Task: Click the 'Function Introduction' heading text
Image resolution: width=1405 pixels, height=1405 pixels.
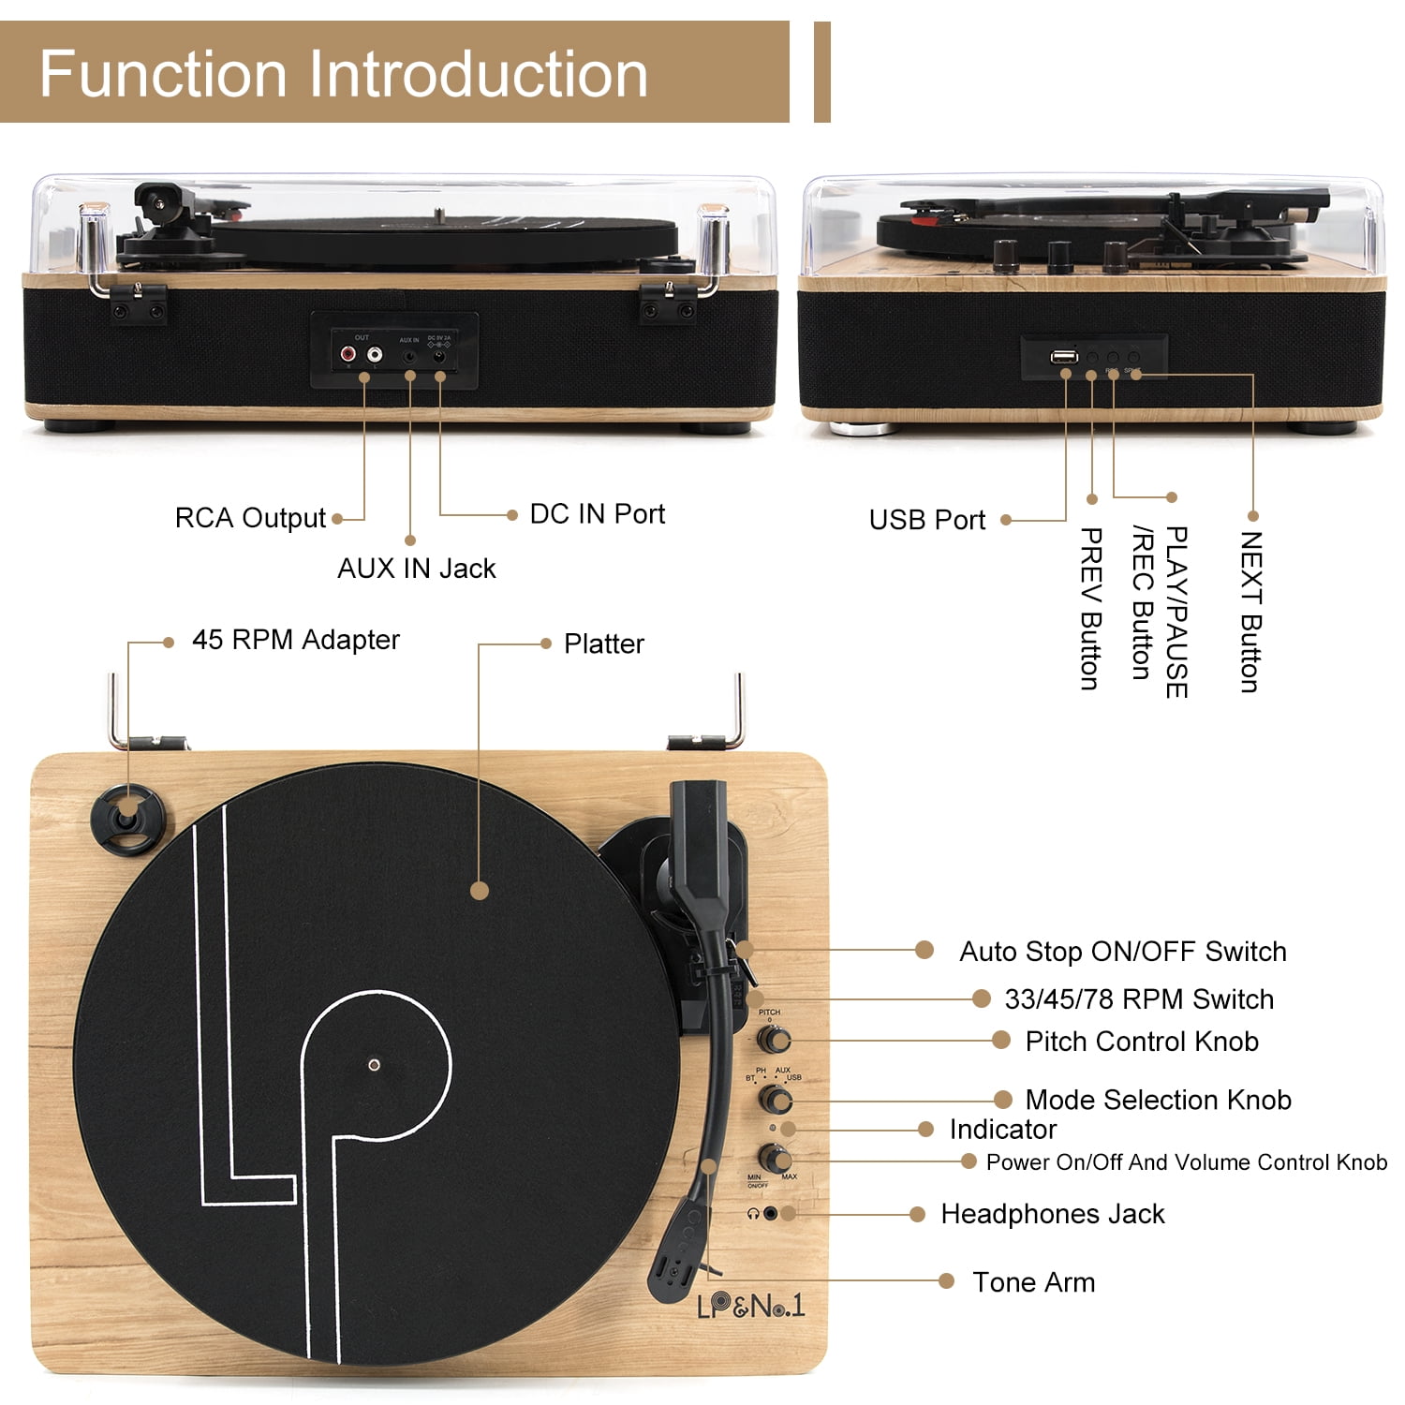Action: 343,74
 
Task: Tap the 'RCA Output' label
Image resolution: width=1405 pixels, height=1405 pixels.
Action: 249,518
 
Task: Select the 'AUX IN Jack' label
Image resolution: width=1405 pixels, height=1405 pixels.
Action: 416,569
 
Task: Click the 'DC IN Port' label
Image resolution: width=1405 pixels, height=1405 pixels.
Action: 597,514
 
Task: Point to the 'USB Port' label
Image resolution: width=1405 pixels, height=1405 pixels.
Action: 926,520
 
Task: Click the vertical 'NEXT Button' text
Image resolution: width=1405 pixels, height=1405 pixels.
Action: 1251,611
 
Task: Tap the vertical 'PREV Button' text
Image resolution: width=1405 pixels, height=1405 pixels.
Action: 1090,608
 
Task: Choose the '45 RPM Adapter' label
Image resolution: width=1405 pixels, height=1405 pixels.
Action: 295,640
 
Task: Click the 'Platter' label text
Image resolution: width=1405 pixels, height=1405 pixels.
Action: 603,644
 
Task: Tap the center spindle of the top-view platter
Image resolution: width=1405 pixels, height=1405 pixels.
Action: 375,1065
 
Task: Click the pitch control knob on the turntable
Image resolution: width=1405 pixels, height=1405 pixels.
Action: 774,1040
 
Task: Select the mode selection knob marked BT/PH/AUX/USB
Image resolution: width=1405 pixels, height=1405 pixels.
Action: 775,1099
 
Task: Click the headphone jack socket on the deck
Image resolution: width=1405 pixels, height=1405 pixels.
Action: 770,1213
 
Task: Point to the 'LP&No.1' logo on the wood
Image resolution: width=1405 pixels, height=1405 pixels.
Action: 749,1306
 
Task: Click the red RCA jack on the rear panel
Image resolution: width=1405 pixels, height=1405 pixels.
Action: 348,356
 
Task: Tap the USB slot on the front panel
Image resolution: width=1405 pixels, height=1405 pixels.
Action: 1063,357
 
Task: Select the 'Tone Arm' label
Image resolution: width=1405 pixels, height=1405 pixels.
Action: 1033,1282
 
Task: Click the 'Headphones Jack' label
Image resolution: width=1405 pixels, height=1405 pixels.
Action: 1052,1215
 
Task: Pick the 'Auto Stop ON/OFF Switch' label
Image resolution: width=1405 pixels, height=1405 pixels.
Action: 1122,952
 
